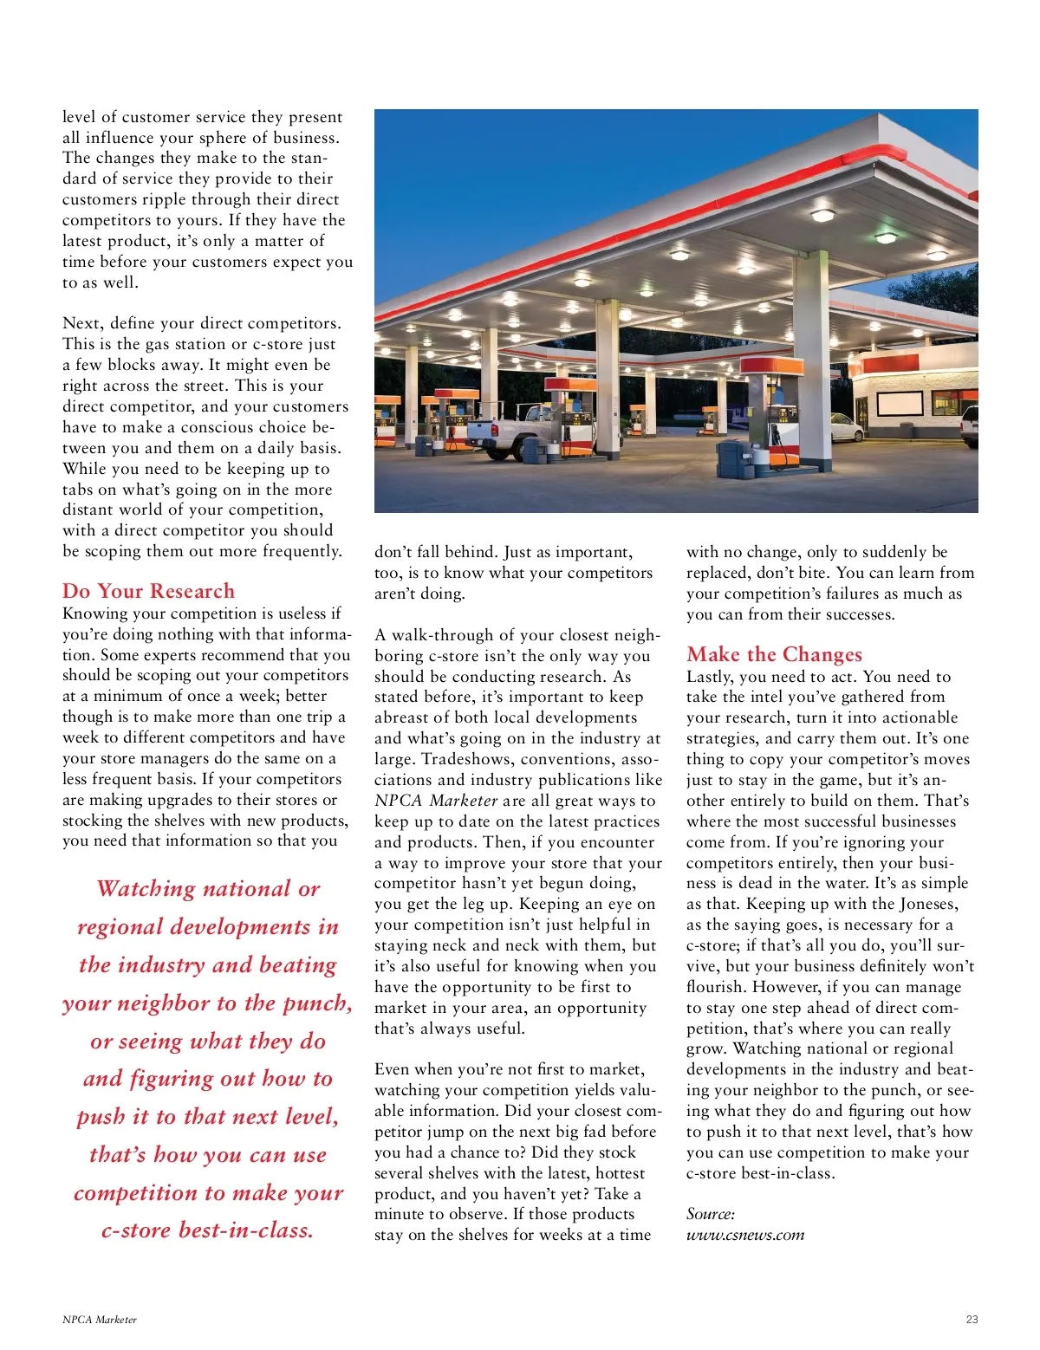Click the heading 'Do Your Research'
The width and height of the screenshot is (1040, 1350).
[148, 591]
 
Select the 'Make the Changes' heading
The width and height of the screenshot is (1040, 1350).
[774, 654]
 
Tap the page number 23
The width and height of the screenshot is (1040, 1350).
[972, 1320]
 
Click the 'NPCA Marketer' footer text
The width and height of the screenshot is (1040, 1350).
[100, 1320]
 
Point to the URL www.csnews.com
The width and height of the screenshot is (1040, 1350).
[744, 1235]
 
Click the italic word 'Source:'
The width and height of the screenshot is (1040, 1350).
[710, 1214]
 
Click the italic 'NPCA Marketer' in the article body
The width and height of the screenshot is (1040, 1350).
[436, 801]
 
